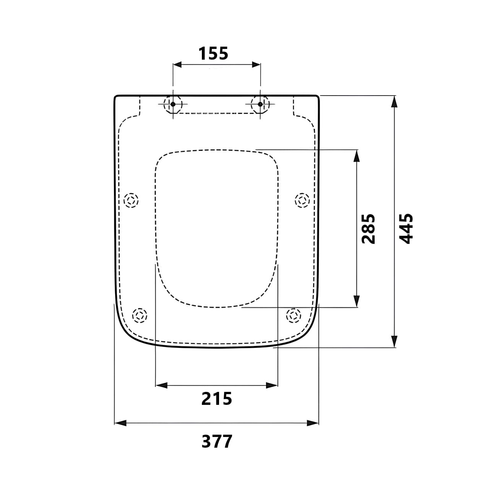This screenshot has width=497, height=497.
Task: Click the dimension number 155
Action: point(213,54)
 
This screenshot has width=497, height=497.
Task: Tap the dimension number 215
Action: point(217,398)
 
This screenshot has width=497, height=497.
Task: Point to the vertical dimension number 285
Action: point(368,229)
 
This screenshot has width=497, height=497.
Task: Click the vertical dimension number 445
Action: point(406,229)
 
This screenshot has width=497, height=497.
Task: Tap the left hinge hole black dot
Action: point(173,104)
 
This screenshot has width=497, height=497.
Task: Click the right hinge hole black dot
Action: point(260,104)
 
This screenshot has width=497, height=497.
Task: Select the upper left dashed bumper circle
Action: point(131,200)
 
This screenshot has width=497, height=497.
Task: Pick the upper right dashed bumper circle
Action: point(302,200)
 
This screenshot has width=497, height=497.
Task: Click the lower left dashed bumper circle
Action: point(140,315)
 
